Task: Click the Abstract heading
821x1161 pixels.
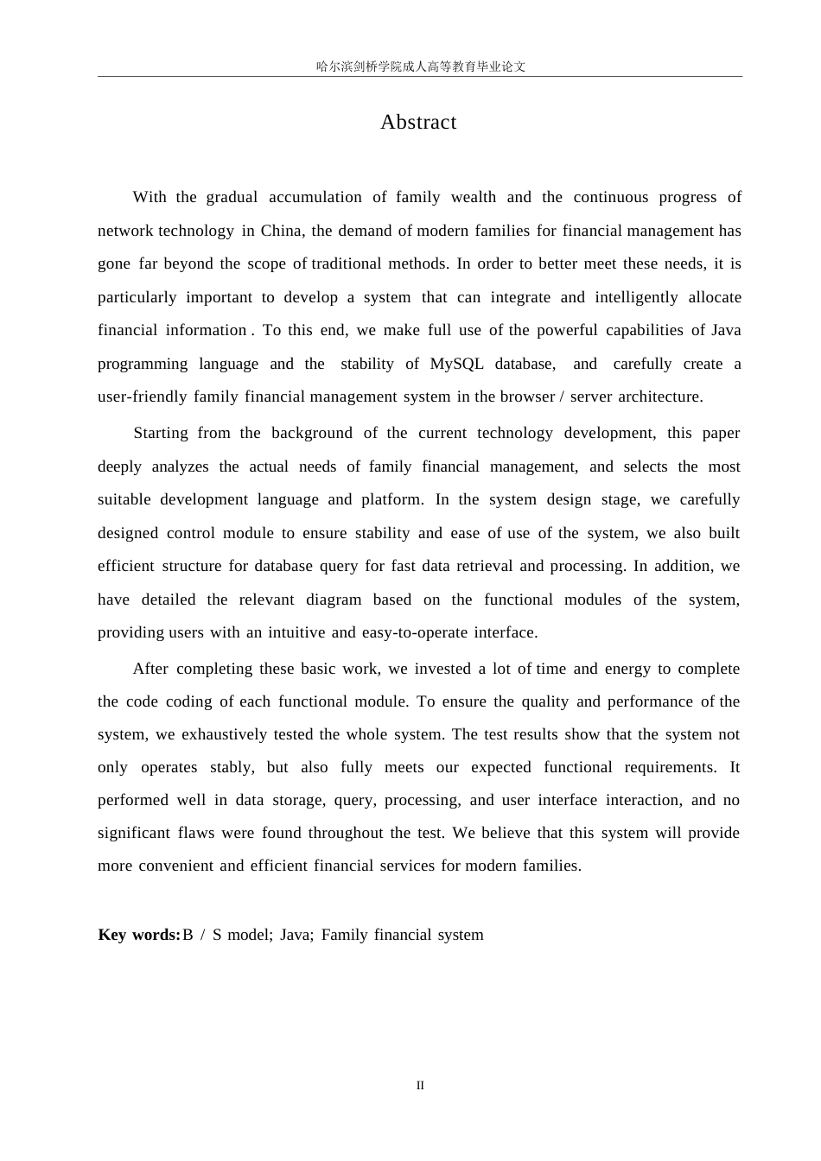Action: (x=418, y=122)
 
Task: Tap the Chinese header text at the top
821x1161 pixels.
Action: (x=420, y=67)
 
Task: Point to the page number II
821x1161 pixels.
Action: (x=420, y=1086)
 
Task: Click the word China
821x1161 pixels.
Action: (x=280, y=231)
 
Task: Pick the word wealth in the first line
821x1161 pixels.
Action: (x=474, y=197)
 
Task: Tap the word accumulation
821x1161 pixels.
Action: (x=315, y=197)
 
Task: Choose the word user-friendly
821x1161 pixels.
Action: (x=142, y=397)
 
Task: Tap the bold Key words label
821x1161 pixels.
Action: (x=138, y=935)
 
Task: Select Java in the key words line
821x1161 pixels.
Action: (x=295, y=935)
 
